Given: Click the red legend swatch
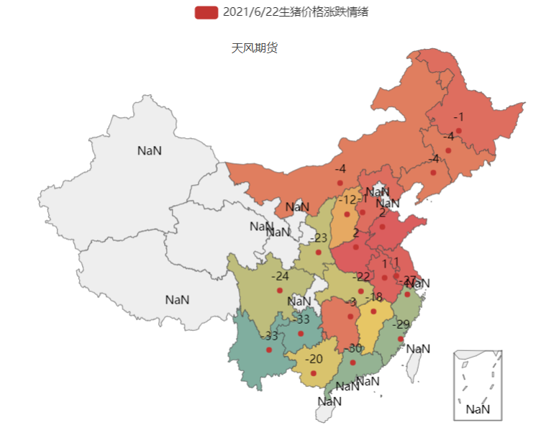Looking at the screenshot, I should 206,12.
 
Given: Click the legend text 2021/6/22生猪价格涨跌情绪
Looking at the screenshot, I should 295,12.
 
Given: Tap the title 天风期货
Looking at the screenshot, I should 254,48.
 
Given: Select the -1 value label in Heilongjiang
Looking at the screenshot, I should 458,117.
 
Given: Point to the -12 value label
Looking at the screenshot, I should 347,200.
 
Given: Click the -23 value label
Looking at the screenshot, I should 319,238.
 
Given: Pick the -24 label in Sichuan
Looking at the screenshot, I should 280,276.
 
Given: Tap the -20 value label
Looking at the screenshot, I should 314,359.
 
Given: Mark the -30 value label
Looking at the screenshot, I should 353,349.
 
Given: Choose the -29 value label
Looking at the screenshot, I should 401,324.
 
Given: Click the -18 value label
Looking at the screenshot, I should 373,298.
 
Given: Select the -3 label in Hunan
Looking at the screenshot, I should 350,302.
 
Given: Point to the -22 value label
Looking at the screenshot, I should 361,277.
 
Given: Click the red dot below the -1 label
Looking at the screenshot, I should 458,130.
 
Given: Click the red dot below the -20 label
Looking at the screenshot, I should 314,373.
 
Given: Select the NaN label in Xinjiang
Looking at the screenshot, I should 150,150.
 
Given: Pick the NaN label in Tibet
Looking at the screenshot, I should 177,299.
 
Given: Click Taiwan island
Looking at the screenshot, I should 414,366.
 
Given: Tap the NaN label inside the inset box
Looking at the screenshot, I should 478,409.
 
